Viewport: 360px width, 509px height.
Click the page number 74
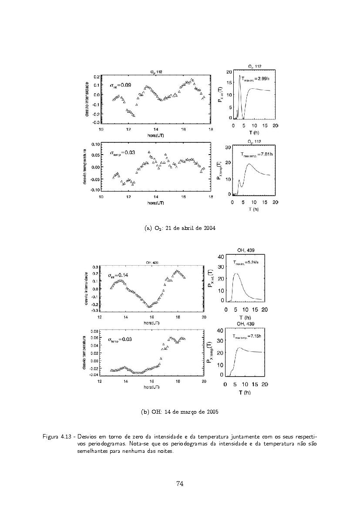180,483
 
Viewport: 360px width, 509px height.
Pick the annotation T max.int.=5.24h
246,263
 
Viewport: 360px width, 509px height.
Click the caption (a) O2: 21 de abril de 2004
180,228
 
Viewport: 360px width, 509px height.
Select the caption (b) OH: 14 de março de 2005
180,412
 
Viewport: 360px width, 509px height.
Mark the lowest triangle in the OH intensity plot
149,307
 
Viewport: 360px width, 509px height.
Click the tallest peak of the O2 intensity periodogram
239,76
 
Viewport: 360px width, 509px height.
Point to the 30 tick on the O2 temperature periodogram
228,147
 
